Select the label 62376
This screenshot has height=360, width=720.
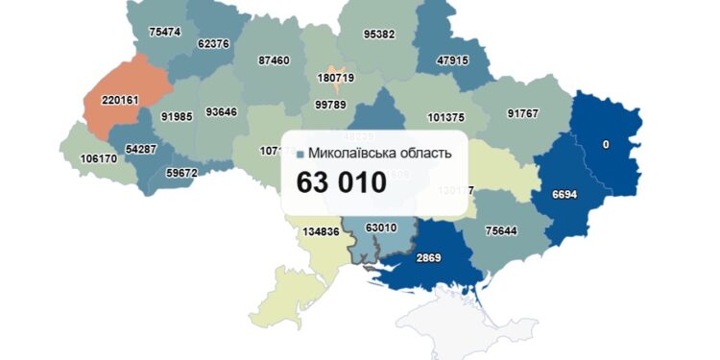(x=212, y=43)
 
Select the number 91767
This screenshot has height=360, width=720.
(x=523, y=114)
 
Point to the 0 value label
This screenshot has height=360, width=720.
(x=605, y=144)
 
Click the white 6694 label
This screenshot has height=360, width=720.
(x=564, y=194)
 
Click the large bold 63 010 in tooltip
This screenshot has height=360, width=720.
(x=341, y=182)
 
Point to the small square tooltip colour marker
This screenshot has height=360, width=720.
(x=301, y=154)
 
